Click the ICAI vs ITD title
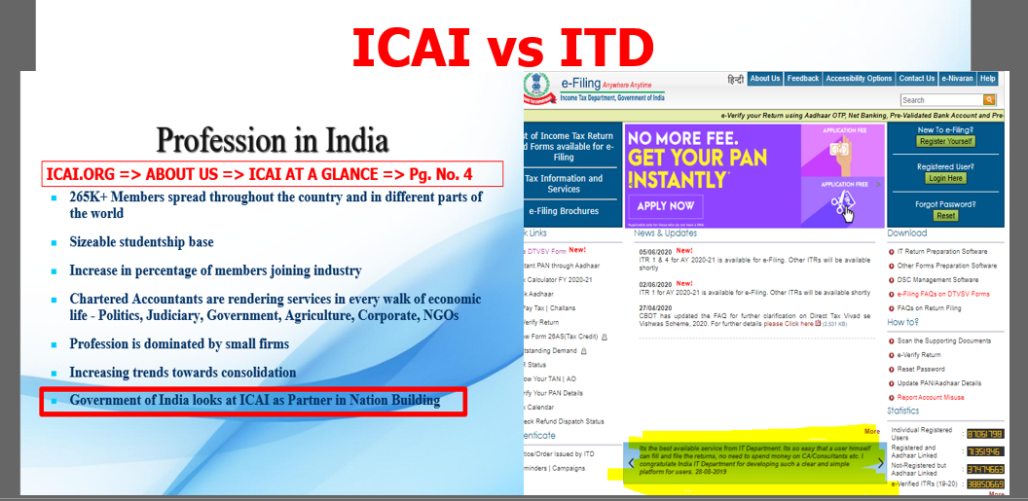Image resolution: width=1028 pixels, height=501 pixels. pos(501,47)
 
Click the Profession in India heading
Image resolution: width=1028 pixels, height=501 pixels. pos(273,140)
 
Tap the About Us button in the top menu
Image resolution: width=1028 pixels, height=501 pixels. pos(764,79)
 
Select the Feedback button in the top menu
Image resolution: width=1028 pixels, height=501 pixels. pos(803,79)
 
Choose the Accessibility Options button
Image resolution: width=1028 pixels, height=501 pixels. pos(859,79)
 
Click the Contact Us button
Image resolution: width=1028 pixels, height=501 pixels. pos(916,79)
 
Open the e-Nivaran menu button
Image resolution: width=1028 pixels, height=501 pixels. pos(958,79)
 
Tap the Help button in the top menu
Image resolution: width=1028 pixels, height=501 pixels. pos(987,79)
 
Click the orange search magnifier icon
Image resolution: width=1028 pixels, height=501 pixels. pos(989,99)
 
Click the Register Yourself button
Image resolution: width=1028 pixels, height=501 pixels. pos(945,142)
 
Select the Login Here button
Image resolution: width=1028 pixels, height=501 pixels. pos(945,179)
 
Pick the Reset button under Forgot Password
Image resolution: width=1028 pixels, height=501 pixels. pos(945,216)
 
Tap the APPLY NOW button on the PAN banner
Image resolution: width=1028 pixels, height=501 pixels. pos(666,206)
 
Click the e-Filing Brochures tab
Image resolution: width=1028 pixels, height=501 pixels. pos(564,211)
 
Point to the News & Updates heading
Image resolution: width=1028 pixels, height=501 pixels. pos(666,233)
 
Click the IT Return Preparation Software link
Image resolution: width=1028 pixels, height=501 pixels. pos(941,252)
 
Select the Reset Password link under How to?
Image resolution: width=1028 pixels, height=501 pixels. pos(920,370)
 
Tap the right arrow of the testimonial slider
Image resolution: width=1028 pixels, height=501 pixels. pos(880,464)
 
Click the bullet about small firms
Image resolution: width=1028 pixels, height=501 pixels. pos(179,343)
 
